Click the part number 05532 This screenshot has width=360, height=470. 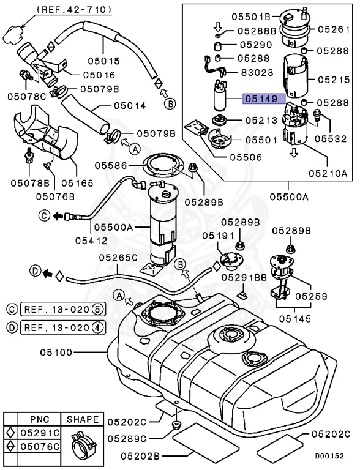point(330,139)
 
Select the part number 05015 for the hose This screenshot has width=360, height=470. point(119,61)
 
